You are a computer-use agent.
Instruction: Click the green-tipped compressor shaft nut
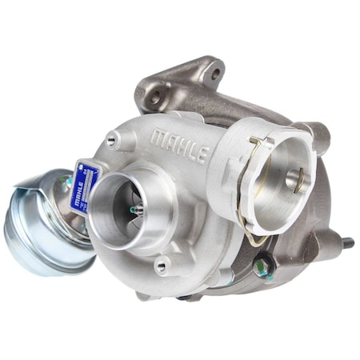pos(133,210)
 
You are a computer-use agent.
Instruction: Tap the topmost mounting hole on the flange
pos(213,77)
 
